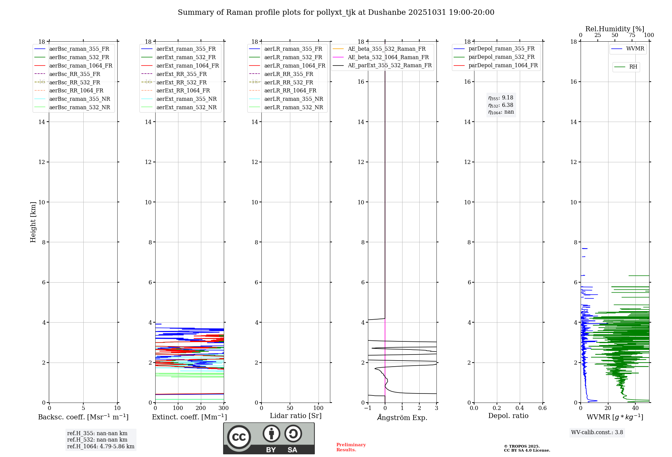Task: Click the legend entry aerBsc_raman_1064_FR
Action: point(81,66)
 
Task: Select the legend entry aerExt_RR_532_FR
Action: point(181,82)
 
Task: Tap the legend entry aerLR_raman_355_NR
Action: point(293,99)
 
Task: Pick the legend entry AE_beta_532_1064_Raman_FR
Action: point(388,57)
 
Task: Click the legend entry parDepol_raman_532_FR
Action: point(501,57)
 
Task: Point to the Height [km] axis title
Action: point(33,222)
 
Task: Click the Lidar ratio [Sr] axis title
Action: point(296,416)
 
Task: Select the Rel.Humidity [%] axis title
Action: point(615,29)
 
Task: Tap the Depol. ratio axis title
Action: point(508,416)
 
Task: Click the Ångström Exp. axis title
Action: point(402,418)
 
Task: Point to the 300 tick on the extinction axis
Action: point(223,408)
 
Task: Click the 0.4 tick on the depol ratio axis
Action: point(519,408)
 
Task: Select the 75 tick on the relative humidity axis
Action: point(632,35)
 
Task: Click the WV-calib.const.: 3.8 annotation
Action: point(597,432)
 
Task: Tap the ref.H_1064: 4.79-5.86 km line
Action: point(101,447)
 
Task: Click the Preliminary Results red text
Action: point(351,447)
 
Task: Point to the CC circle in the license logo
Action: point(239,437)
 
